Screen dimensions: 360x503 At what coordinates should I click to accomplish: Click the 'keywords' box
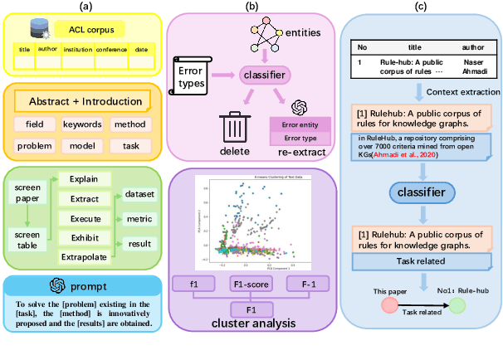[83, 124]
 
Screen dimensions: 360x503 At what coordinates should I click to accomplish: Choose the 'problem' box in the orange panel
[35, 146]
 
